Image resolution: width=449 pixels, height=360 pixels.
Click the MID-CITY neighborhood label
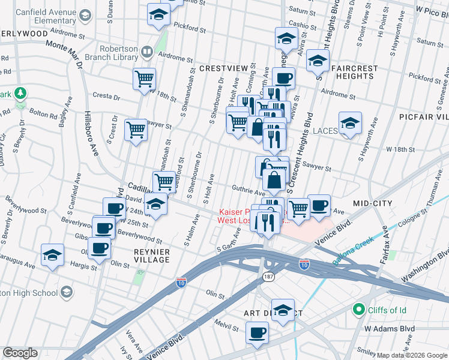tap(372, 203)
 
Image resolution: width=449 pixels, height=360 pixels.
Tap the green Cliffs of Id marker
tap(359, 310)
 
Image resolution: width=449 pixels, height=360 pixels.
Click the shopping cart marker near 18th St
tap(145, 79)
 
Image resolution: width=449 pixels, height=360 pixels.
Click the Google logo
tap(20, 353)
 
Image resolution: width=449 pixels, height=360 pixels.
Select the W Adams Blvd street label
tap(389, 329)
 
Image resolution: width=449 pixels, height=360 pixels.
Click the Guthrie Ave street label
tap(249, 193)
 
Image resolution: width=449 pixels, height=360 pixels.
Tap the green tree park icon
tap(20, 93)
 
